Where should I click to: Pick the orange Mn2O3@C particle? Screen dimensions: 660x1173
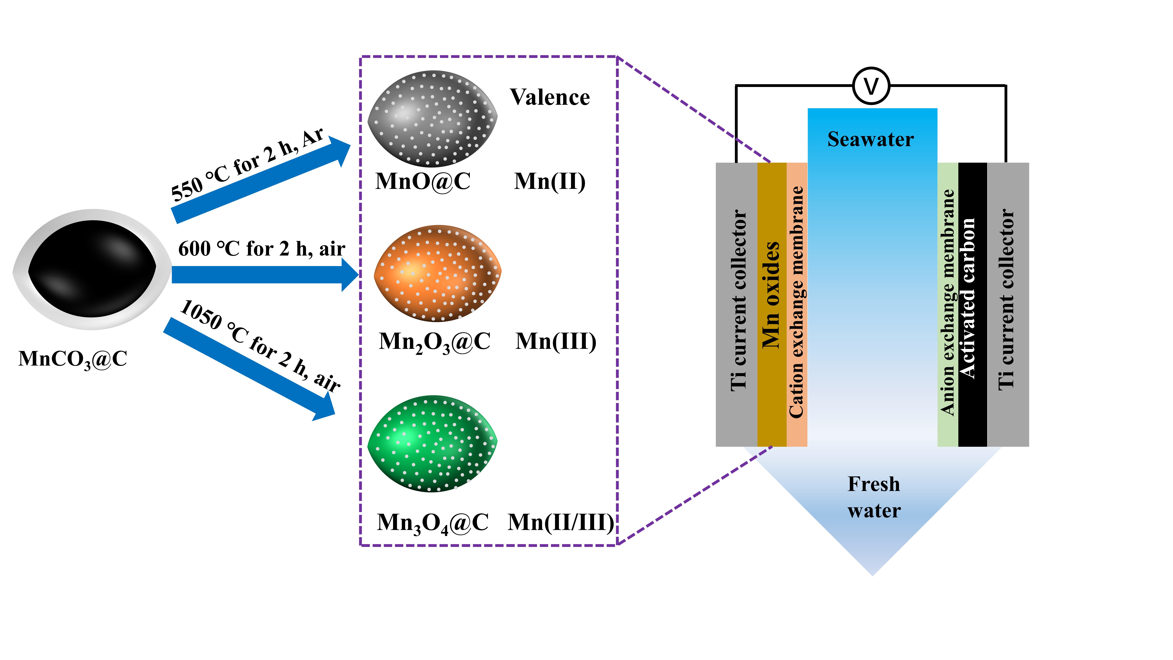[437, 273]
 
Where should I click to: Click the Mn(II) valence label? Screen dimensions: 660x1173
[550, 181]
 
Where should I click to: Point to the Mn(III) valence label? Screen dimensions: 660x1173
[556, 342]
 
